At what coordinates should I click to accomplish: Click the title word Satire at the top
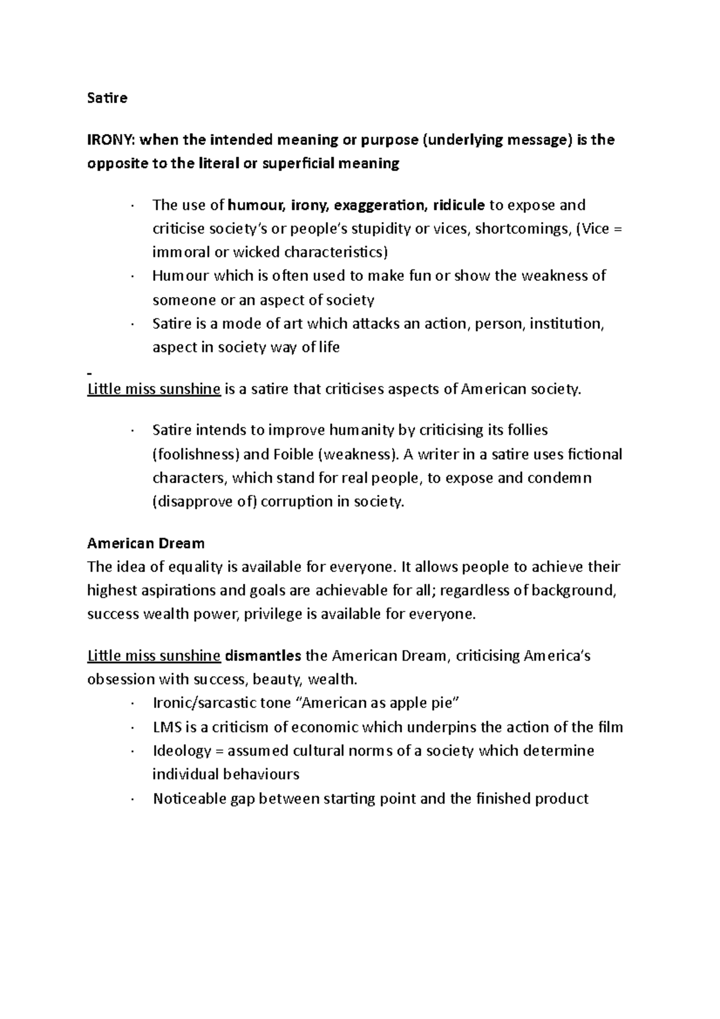pyautogui.click(x=107, y=98)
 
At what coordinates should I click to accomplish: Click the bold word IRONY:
pyautogui.click(x=112, y=140)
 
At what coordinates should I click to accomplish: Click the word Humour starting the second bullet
pyautogui.click(x=181, y=276)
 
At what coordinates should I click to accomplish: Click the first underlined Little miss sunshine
pyautogui.click(x=154, y=389)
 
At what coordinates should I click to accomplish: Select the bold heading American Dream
pyautogui.click(x=146, y=544)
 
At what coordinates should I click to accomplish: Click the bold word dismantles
pyautogui.click(x=263, y=656)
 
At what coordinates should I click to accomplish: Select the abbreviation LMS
pyautogui.click(x=167, y=727)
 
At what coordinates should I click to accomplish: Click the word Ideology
pyautogui.click(x=182, y=751)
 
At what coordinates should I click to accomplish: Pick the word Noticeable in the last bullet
pyautogui.click(x=189, y=799)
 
